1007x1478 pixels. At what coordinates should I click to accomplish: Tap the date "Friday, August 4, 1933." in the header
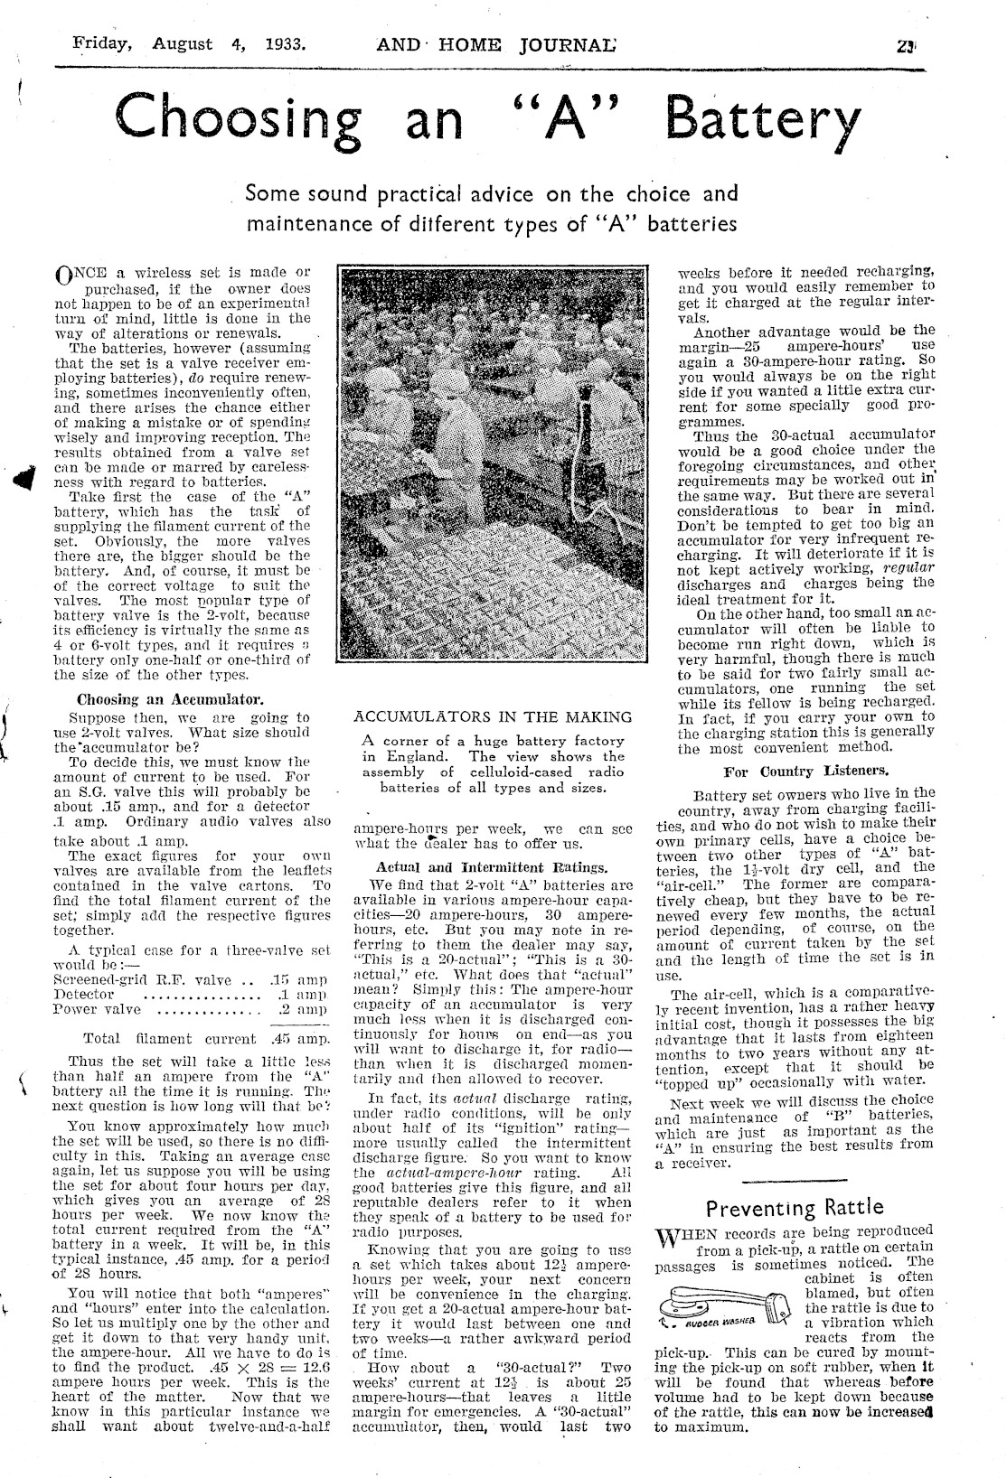coord(188,43)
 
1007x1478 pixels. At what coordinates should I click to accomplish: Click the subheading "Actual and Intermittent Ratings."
coord(491,867)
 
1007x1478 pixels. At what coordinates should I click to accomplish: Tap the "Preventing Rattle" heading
coord(795,1208)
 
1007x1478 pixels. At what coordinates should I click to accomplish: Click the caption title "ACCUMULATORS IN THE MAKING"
coord(493,717)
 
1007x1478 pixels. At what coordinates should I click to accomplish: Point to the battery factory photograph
coord(492,480)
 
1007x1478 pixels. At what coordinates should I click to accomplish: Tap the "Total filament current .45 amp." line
coord(204,1039)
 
